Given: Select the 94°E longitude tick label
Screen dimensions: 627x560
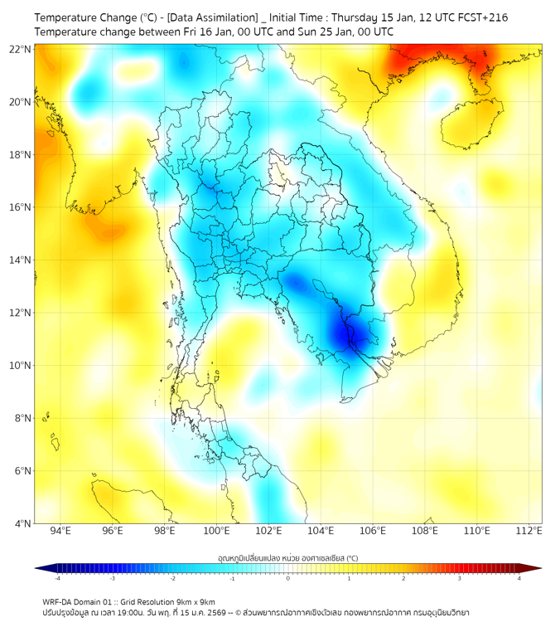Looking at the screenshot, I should [60, 531].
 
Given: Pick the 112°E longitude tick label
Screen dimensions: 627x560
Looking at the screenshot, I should [529, 531].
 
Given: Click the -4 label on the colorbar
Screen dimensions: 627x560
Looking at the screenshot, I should [57, 578].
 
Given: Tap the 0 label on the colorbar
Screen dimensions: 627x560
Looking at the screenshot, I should [288, 578].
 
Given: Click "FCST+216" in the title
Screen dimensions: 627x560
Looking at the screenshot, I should [483, 17].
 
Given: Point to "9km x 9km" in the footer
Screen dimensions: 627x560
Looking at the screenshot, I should [195, 601].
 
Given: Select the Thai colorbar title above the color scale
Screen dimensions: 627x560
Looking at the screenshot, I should [287, 557].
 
